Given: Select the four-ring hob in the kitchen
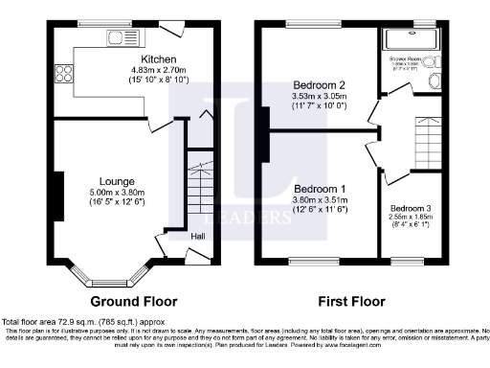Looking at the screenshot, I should coord(65,73).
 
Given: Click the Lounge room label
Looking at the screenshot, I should coord(116,179).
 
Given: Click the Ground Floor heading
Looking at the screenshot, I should coord(126,299).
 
